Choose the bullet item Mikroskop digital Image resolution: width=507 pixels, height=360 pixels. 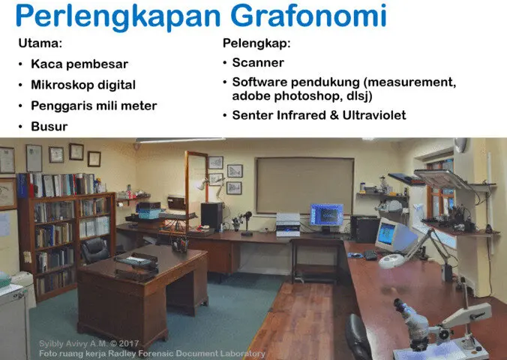(83, 85)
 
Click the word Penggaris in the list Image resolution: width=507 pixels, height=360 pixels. (61, 106)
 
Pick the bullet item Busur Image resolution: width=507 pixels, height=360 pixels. (49, 127)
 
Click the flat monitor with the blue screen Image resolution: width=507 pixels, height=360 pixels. (326, 215)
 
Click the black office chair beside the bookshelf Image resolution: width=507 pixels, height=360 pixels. (95, 250)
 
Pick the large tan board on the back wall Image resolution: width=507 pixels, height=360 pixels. (304, 184)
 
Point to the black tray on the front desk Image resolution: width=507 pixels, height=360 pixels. (135, 260)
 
